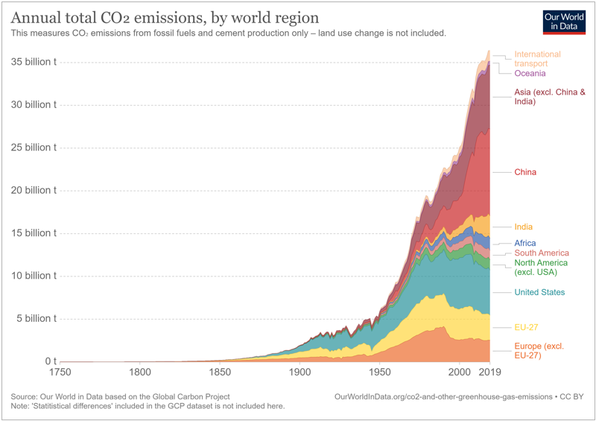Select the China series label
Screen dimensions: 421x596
[x=525, y=172]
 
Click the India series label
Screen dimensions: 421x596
[x=523, y=227]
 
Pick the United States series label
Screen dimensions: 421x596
[x=539, y=292]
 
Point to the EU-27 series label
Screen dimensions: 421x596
[x=526, y=327]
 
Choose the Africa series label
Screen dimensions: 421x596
[x=524, y=243]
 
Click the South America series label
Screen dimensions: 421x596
[x=542, y=253]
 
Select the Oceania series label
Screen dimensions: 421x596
[x=530, y=73]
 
